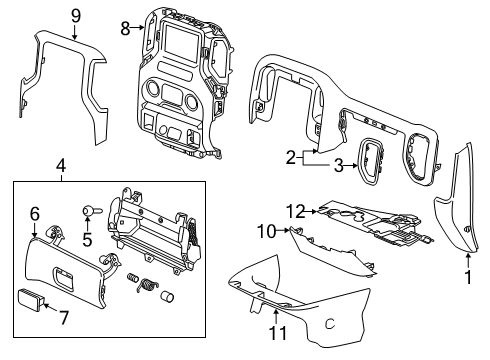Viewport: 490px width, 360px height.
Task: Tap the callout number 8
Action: (x=125, y=29)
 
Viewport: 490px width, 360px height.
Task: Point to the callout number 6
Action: (x=33, y=213)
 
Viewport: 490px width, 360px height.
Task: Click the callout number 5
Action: (x=87, y=239)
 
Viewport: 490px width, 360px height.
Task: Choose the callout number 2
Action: (x=290, y=156)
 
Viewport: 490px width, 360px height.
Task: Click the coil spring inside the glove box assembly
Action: (x=149, y=285)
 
